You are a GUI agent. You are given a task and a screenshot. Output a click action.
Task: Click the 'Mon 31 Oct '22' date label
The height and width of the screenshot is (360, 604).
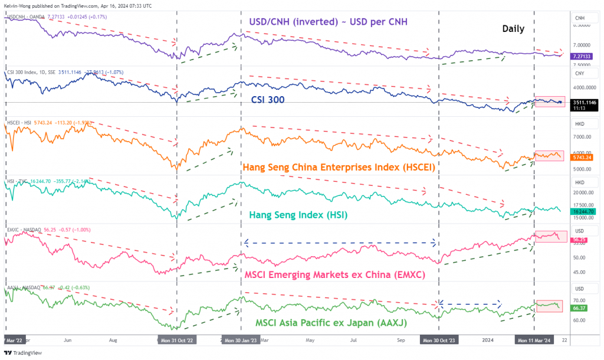(176, 341)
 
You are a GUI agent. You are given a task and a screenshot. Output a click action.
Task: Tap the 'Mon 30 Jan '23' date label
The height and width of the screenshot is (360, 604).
(240, 341)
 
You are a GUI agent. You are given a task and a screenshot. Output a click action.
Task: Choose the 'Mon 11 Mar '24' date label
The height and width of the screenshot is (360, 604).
(534, 341)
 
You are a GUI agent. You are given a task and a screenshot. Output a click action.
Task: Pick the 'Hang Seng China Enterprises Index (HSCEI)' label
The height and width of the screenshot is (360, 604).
(339, 167)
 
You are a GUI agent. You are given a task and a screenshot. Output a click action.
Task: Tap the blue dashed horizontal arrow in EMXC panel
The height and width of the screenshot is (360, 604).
(340, 243)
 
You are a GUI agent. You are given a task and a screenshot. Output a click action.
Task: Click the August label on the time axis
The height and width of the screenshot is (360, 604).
(113, 341)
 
